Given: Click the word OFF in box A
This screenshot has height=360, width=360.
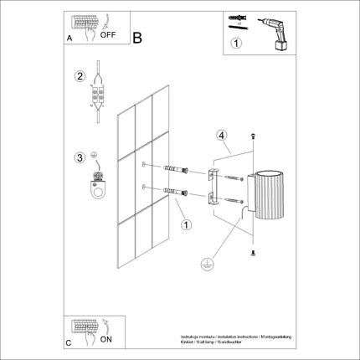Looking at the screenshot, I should coord(107,36).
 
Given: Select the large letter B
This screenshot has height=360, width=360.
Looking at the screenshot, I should coord(137,37).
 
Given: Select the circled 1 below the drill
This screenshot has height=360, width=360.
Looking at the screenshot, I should coord(236,44).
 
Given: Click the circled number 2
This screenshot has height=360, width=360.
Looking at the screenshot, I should coord(80,77).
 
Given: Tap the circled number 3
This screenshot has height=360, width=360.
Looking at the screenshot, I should coord(80,156).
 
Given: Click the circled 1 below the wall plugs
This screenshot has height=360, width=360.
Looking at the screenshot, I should coord(186,224).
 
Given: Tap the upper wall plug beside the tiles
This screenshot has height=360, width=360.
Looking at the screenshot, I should coord(175,172).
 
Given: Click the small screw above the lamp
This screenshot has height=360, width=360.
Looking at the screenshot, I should coord(254,136).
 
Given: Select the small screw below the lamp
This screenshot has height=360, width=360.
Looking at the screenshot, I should coord(254,251).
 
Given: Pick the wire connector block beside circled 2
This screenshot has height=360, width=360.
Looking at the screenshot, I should coord(100,93).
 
